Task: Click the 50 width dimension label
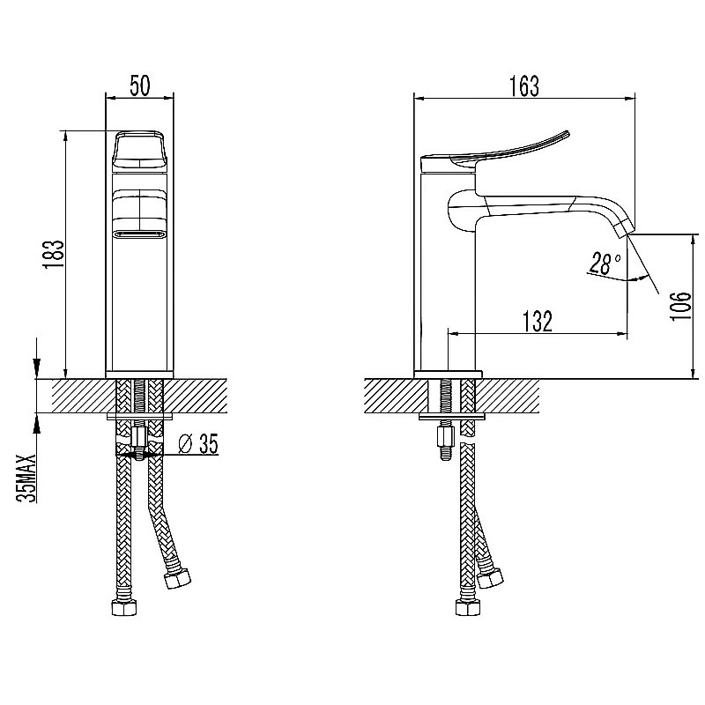[140, 85]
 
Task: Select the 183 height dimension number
[54, 255]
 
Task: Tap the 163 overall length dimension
[524, 86]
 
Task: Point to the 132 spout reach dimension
[538, 321]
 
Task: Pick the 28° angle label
[605, 263]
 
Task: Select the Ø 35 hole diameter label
[197, 444]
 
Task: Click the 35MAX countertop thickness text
[26, 477]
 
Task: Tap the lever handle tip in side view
[568, 133]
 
